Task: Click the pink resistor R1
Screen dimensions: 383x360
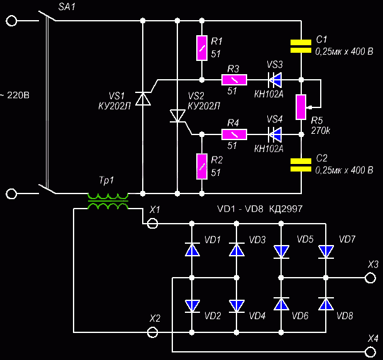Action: click(x=202, y=48)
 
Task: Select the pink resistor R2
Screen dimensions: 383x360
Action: click(x=202, y=166)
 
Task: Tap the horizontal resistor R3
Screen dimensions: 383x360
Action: click(x=234, y=80)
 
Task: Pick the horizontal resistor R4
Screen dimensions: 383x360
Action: click(x=234, y=134)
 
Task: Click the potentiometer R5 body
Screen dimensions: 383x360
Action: click(x=301, y=107)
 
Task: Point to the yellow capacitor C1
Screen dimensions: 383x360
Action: click(x=301, y=46)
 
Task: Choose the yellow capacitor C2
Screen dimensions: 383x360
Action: click(x=301, y=165)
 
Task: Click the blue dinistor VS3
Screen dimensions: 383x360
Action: click(x=275, y=80)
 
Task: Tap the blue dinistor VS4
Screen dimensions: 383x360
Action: click(x=275, y=134)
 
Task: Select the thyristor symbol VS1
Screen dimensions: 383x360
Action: click(x=143, y=99)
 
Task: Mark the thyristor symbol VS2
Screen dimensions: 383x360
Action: click(x=177, y=116)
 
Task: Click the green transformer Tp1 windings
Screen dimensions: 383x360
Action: click(x=108, y=201)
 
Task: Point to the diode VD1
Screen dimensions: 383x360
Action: click(x=192, y=249)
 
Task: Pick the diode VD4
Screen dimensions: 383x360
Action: click(x=236, y=306)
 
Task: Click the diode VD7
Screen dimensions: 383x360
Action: click(x=326, y=252)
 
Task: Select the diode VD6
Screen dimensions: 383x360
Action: click(x=281, y=304)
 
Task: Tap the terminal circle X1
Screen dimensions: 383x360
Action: click(x=153, y=223)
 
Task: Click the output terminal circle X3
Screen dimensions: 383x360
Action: click(x=370, y=278)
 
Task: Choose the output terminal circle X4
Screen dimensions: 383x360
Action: click(x=370, y=352)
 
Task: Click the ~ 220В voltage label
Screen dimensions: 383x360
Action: click(x=14, y=95)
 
